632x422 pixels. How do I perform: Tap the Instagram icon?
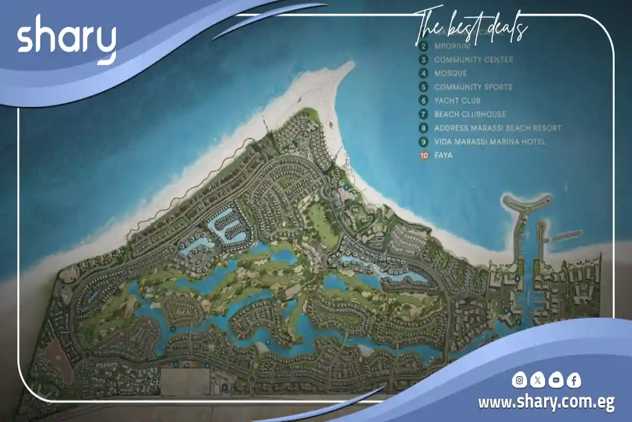tap(520, 380)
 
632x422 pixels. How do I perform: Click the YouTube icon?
tap(555, 380)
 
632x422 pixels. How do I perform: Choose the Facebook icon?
tap(574, 380)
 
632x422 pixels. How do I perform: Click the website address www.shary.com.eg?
tap(546, 403)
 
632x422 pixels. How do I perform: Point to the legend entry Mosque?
tap(450, 73)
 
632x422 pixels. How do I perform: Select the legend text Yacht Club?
tap(457, 101)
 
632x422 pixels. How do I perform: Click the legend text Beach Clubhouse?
tap(470, 114)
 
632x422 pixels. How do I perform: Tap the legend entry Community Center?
tap(473, 60)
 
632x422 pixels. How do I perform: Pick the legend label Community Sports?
tap(473, 87)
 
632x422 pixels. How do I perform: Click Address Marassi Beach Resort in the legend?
tap(498, 128)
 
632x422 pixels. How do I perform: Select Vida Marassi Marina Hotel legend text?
tap(490, 142)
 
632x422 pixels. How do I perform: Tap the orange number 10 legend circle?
tap(423, 156)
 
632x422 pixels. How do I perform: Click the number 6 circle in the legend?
tap(423, 101)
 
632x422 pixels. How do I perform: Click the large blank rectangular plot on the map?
tap(185, 381)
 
